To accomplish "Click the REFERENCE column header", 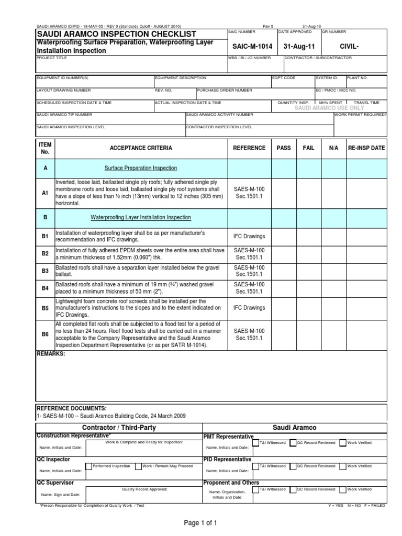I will (249, 148).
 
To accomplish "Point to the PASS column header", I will (284, 148).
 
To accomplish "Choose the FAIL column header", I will (309, 148).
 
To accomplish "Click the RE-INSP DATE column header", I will (366, 148).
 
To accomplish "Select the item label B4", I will (45, 288).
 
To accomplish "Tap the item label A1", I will (45, 193).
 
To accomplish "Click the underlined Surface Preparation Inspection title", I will (141, 168).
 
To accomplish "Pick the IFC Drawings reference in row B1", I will (249, 236).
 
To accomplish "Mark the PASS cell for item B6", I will (284, 335).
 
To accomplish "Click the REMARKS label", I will (51, 354).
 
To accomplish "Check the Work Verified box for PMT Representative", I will (343, 443).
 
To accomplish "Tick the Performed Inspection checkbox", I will (88, 466).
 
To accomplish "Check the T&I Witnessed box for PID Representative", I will (256, 466).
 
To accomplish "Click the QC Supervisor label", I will (55, 482).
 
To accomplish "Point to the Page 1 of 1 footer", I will (200, 522).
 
